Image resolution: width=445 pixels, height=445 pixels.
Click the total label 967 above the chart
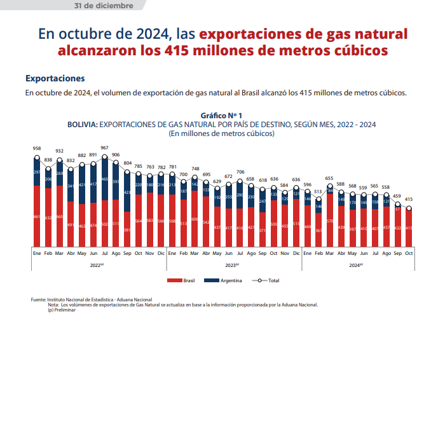(104, 148)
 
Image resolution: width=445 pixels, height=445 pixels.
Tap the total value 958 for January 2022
(37, 148)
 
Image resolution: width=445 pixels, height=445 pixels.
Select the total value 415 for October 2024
(409, 199)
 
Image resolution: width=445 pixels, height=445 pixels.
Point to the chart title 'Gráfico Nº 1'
(221, 116)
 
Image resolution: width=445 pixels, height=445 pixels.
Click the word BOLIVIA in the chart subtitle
(82, 125)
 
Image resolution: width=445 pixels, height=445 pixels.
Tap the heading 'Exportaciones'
(55, 79)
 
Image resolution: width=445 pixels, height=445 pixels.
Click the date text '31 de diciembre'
(104, 6)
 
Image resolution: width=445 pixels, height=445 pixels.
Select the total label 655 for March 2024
(329, 179)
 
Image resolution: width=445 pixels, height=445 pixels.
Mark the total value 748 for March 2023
(195, 169)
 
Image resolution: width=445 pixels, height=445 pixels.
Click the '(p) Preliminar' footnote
(62, 310)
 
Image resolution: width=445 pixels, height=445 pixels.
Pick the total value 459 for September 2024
(397, 196)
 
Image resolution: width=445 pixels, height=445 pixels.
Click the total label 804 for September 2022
(127, 163)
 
